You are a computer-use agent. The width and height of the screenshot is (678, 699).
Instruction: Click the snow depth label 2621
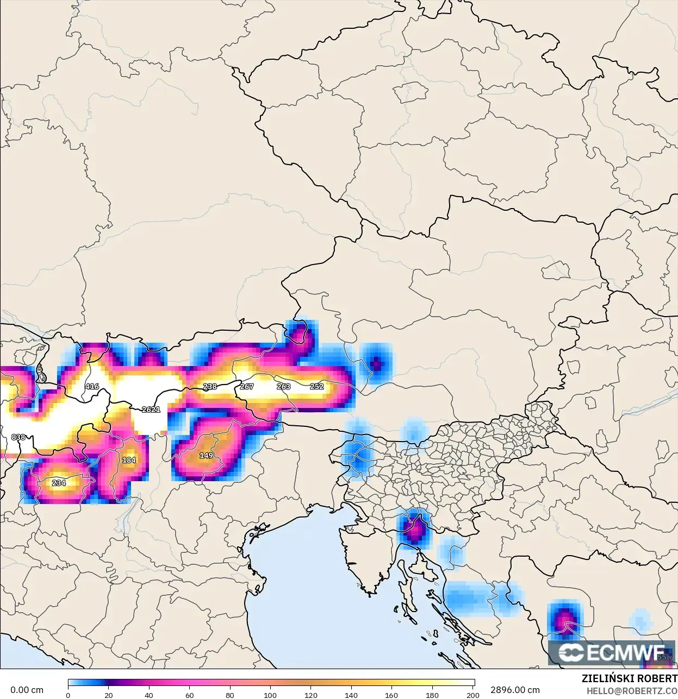[151, 409]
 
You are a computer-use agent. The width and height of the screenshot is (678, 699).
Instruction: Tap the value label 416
[92, 386]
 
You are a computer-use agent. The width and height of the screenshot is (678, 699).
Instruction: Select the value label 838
[18, 437]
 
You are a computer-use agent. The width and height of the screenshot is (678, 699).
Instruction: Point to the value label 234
[59, 482]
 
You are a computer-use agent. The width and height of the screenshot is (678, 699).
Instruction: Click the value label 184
[129, 459]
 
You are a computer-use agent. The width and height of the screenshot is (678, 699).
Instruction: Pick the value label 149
[206, 455]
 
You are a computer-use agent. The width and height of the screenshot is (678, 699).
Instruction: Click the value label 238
[210, 386]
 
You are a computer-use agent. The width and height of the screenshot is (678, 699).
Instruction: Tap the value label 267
[247, 386]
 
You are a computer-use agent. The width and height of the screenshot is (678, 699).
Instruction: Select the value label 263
[283, 386]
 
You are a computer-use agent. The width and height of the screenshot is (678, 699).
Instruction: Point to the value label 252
[317, 386]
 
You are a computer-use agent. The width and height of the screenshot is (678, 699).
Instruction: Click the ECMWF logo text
[612, 652]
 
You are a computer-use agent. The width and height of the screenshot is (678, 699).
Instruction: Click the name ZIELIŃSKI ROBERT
[629, 678]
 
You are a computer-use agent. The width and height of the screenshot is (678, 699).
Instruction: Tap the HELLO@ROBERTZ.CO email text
[632, 691]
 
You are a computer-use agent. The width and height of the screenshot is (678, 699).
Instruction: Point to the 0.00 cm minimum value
[27, 690]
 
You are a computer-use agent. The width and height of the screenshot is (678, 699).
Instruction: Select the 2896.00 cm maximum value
[515, 690]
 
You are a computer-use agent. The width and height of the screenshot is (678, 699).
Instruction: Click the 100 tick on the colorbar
[270, 695]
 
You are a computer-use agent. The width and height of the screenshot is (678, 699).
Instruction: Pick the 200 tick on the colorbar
[473, 695]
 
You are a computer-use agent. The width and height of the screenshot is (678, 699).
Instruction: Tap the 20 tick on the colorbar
[109, 695]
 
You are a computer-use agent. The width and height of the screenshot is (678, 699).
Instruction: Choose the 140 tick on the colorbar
[351, 695]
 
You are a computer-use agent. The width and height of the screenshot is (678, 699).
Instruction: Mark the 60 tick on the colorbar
[189, 695]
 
